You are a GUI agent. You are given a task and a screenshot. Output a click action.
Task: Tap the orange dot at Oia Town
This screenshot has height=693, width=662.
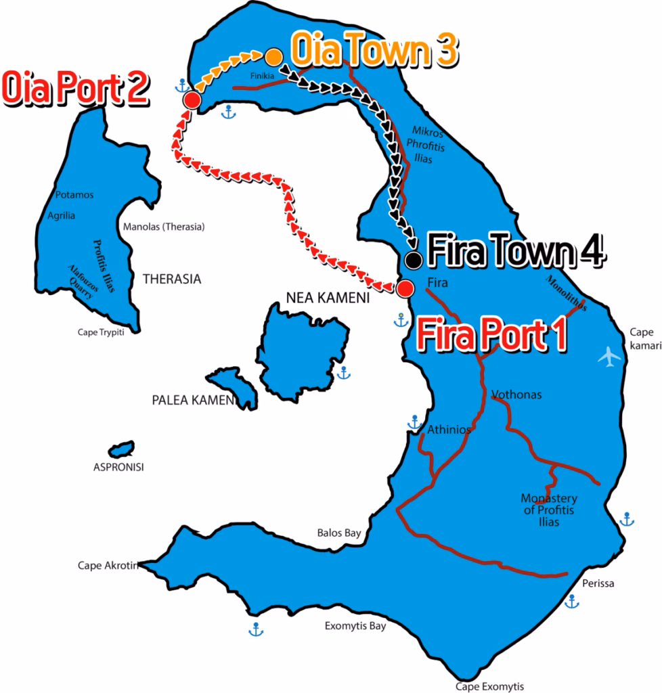[x=273, y=55]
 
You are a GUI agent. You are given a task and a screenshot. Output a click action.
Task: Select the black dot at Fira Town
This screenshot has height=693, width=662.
[x=413, y=259]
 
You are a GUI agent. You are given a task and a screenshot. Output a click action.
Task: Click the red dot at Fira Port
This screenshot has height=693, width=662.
[x=405, y=289]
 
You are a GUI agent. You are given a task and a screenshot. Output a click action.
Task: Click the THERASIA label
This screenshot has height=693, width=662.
[x=172, y=278]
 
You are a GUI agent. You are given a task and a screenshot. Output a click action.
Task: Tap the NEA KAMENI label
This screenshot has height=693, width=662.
[x=328, y=297]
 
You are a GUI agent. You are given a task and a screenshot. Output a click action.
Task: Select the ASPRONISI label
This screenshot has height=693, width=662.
[x=118, y=467]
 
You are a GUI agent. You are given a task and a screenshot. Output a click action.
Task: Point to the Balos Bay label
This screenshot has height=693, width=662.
[x=339, y=533]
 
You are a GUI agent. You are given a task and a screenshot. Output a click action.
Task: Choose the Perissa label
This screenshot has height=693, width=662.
[x=598, y=583]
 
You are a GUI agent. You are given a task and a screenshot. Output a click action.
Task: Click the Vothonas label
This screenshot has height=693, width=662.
[x=516, y=395]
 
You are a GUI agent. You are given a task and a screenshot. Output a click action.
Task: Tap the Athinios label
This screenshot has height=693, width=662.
[x=449, y=429]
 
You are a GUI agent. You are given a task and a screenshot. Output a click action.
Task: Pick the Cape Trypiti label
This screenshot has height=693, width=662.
[x=102, y=332]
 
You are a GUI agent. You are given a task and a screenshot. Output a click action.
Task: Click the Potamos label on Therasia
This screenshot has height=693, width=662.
[x=75, y=195]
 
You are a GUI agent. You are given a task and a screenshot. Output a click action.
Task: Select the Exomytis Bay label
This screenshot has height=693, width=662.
[x=355, y=626]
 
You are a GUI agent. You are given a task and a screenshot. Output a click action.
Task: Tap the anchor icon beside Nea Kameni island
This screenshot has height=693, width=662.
[x=344, y=372]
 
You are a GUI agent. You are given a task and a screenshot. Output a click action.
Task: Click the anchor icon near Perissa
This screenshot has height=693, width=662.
[x=572, y=600]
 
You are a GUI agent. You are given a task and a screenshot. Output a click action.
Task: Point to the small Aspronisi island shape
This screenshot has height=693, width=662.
[x=122, y=449]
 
